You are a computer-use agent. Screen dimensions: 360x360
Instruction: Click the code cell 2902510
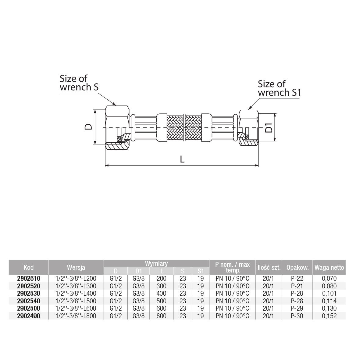point(28,279)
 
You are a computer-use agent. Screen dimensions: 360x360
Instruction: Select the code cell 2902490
point(28,316)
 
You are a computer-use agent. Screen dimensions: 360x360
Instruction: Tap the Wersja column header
point(76,267)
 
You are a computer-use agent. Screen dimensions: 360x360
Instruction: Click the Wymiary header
point(156,264)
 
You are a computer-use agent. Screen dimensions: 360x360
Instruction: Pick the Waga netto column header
point(329,267)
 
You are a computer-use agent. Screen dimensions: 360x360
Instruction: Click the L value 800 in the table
point(161,316)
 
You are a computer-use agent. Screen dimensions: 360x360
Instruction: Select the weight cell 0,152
point(329,316)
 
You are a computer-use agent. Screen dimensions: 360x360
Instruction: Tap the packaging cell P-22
point(297,279)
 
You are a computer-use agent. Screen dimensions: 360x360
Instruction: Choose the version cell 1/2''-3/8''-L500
point(76,301)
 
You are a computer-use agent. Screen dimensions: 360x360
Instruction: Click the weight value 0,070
point(329,279)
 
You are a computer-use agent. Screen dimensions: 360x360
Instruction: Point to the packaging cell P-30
point(297,316)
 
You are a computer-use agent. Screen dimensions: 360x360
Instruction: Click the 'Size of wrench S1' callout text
point(279,88)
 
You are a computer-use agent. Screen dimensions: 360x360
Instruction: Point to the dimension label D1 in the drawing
point(269,128)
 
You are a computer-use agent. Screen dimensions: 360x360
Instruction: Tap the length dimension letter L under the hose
point(182,159)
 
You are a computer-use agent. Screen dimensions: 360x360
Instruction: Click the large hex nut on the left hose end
point(117,128)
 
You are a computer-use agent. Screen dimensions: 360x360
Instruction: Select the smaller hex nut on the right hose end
point(248,128)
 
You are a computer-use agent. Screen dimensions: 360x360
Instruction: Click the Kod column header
point(28,267)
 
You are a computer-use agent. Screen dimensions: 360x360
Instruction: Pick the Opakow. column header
point(297,267)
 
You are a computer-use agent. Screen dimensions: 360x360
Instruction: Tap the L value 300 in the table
point(161,286)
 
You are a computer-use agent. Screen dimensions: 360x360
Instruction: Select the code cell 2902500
point(28,308)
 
